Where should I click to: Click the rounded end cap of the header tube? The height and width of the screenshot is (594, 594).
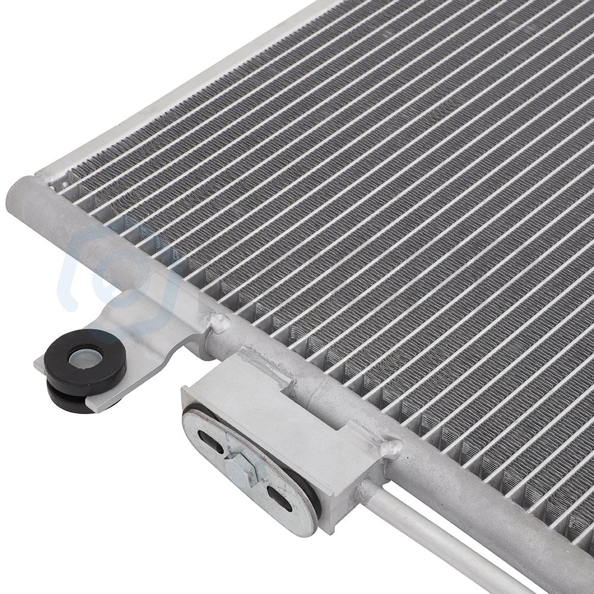21,199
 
